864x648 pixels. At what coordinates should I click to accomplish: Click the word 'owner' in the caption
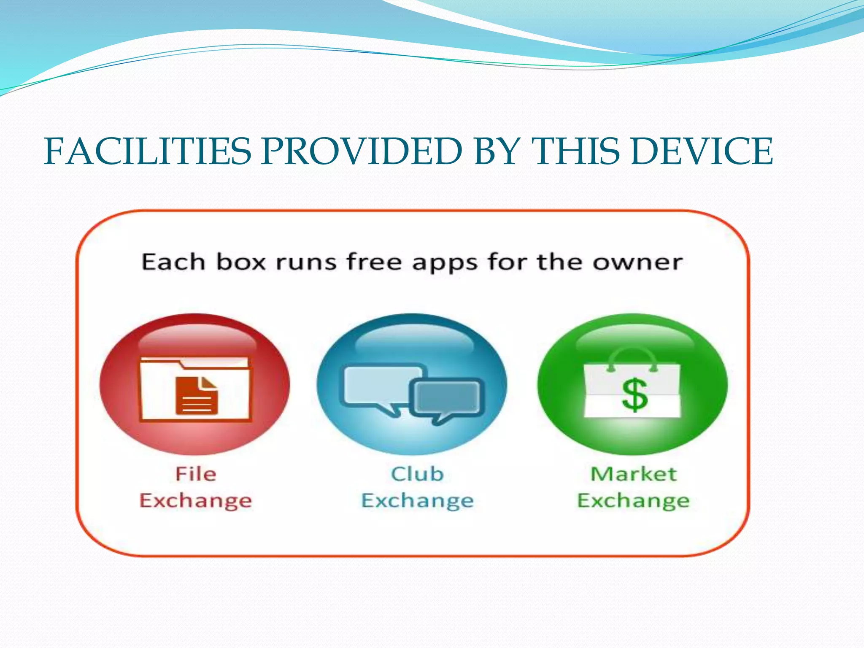coord(637,262)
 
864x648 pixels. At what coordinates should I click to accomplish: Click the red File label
coord(196,474)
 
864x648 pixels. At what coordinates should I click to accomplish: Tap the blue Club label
coord(417,474)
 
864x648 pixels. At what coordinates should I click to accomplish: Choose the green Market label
coord(633,474)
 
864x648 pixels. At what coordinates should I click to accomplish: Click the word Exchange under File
coord(196,501)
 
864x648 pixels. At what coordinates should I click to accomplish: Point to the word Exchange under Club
coord(417,501)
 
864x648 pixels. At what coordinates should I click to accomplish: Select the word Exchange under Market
coord(633,501)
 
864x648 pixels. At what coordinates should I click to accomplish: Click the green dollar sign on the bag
coord(634,395)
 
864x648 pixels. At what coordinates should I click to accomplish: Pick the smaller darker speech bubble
coord(447,397)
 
